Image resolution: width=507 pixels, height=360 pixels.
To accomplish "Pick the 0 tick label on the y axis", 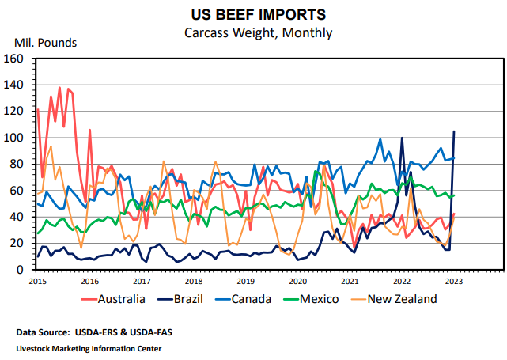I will [x=25, y=270].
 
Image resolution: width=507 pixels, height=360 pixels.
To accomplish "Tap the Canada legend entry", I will [x=266, y=299].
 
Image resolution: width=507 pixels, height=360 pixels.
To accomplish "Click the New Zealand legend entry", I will [x=413, y=299].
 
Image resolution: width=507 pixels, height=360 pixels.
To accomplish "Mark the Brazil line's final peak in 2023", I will [x=454, y=131].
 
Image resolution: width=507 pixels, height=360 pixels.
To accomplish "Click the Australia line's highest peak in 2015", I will [x=59, y=88].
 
